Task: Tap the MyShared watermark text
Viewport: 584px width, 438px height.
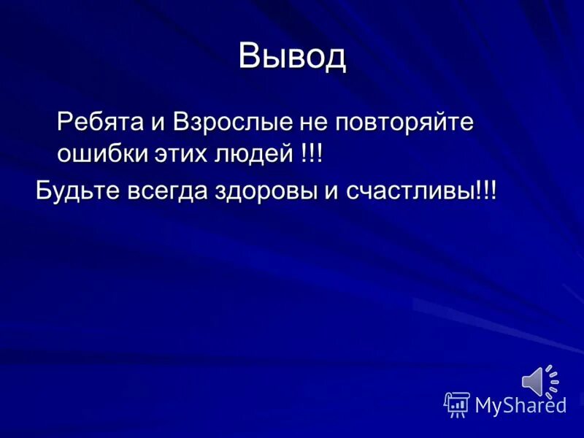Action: pos(520,405)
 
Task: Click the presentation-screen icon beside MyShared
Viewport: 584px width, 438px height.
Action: pos(457,404)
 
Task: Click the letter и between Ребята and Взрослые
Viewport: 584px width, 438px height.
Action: pos(159,121)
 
